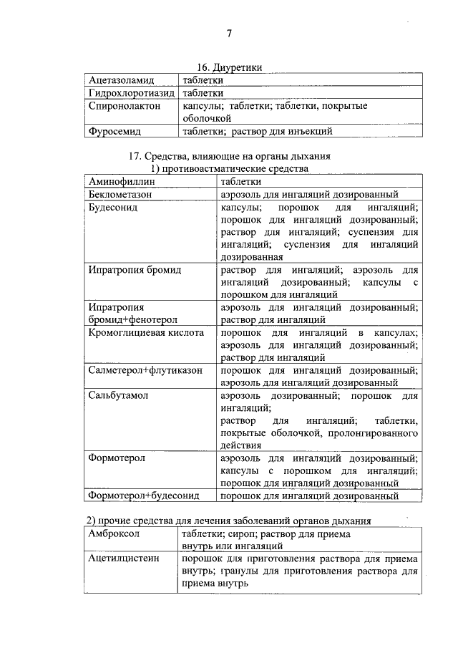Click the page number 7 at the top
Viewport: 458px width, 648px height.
click(x=229, y=33)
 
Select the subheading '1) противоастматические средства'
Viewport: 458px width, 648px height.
click(x=229, y=169)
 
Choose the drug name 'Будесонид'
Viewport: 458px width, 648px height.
click(x=113, y=208)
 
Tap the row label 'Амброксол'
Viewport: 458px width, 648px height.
click(x=113, y=534)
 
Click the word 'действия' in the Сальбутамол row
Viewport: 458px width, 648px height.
click(x=241, y=445)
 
